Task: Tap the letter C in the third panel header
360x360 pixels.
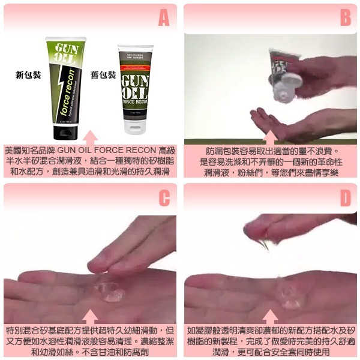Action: click(163, 198)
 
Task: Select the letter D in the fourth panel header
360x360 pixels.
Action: click(344, 198)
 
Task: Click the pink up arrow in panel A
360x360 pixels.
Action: click(90, 136)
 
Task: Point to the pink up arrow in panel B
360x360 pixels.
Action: click(270, 136)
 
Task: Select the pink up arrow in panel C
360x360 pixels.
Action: click(90, 316)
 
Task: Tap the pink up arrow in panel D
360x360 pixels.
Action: click(270, 316)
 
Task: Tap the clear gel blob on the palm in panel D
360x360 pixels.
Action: click(291, 300)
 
